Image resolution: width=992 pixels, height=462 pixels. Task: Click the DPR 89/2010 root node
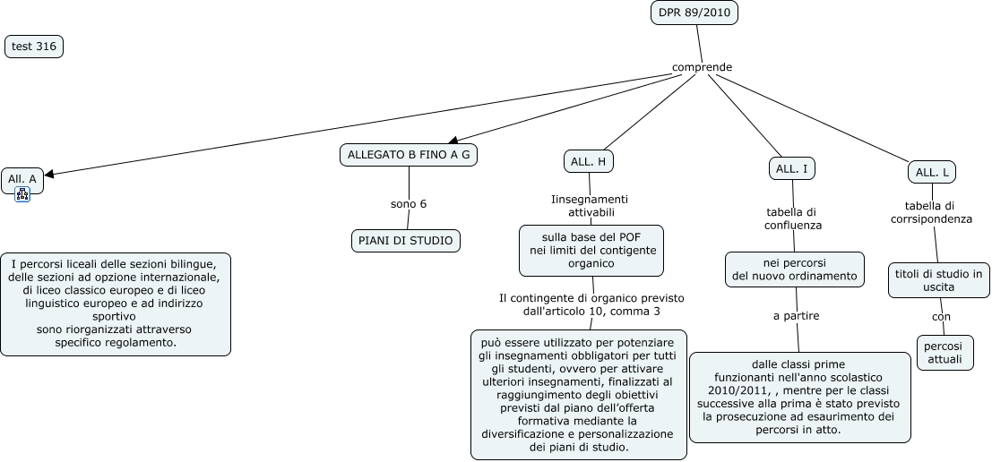(x=694, y=13)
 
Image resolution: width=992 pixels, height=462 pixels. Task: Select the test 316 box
(x=34, y=47)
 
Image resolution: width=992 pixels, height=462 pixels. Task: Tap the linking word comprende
(x=702, y=67)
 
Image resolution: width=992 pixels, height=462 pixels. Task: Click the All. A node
(x=22, y=179)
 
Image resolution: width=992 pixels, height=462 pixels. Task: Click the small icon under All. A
(x=22, y=194)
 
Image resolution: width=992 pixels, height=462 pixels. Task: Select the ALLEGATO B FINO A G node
(x=409, y=155)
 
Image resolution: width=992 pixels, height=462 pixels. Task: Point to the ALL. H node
(x=589, y=161)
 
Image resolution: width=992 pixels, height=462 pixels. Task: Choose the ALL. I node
(x=792, y=168)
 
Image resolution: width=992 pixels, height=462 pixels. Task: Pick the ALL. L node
(x=933, y=171)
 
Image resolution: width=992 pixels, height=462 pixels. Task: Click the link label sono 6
(x=409, y=204)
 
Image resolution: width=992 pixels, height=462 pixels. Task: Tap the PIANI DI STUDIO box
(x=406, y=240)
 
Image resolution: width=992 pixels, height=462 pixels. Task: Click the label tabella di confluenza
(x=792, y=218)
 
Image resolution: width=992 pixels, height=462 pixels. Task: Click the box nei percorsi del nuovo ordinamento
(x=795, y=269)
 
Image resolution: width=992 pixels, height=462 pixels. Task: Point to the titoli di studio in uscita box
(x=939, y=280)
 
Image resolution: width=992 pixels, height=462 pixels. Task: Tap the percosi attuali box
(x=943, y=352)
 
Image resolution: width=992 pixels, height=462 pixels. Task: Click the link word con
(x=941, y=316)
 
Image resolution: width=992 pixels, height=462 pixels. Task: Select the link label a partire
(x=796, y=315)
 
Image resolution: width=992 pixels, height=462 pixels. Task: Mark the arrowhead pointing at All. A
(x=49, y=175)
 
